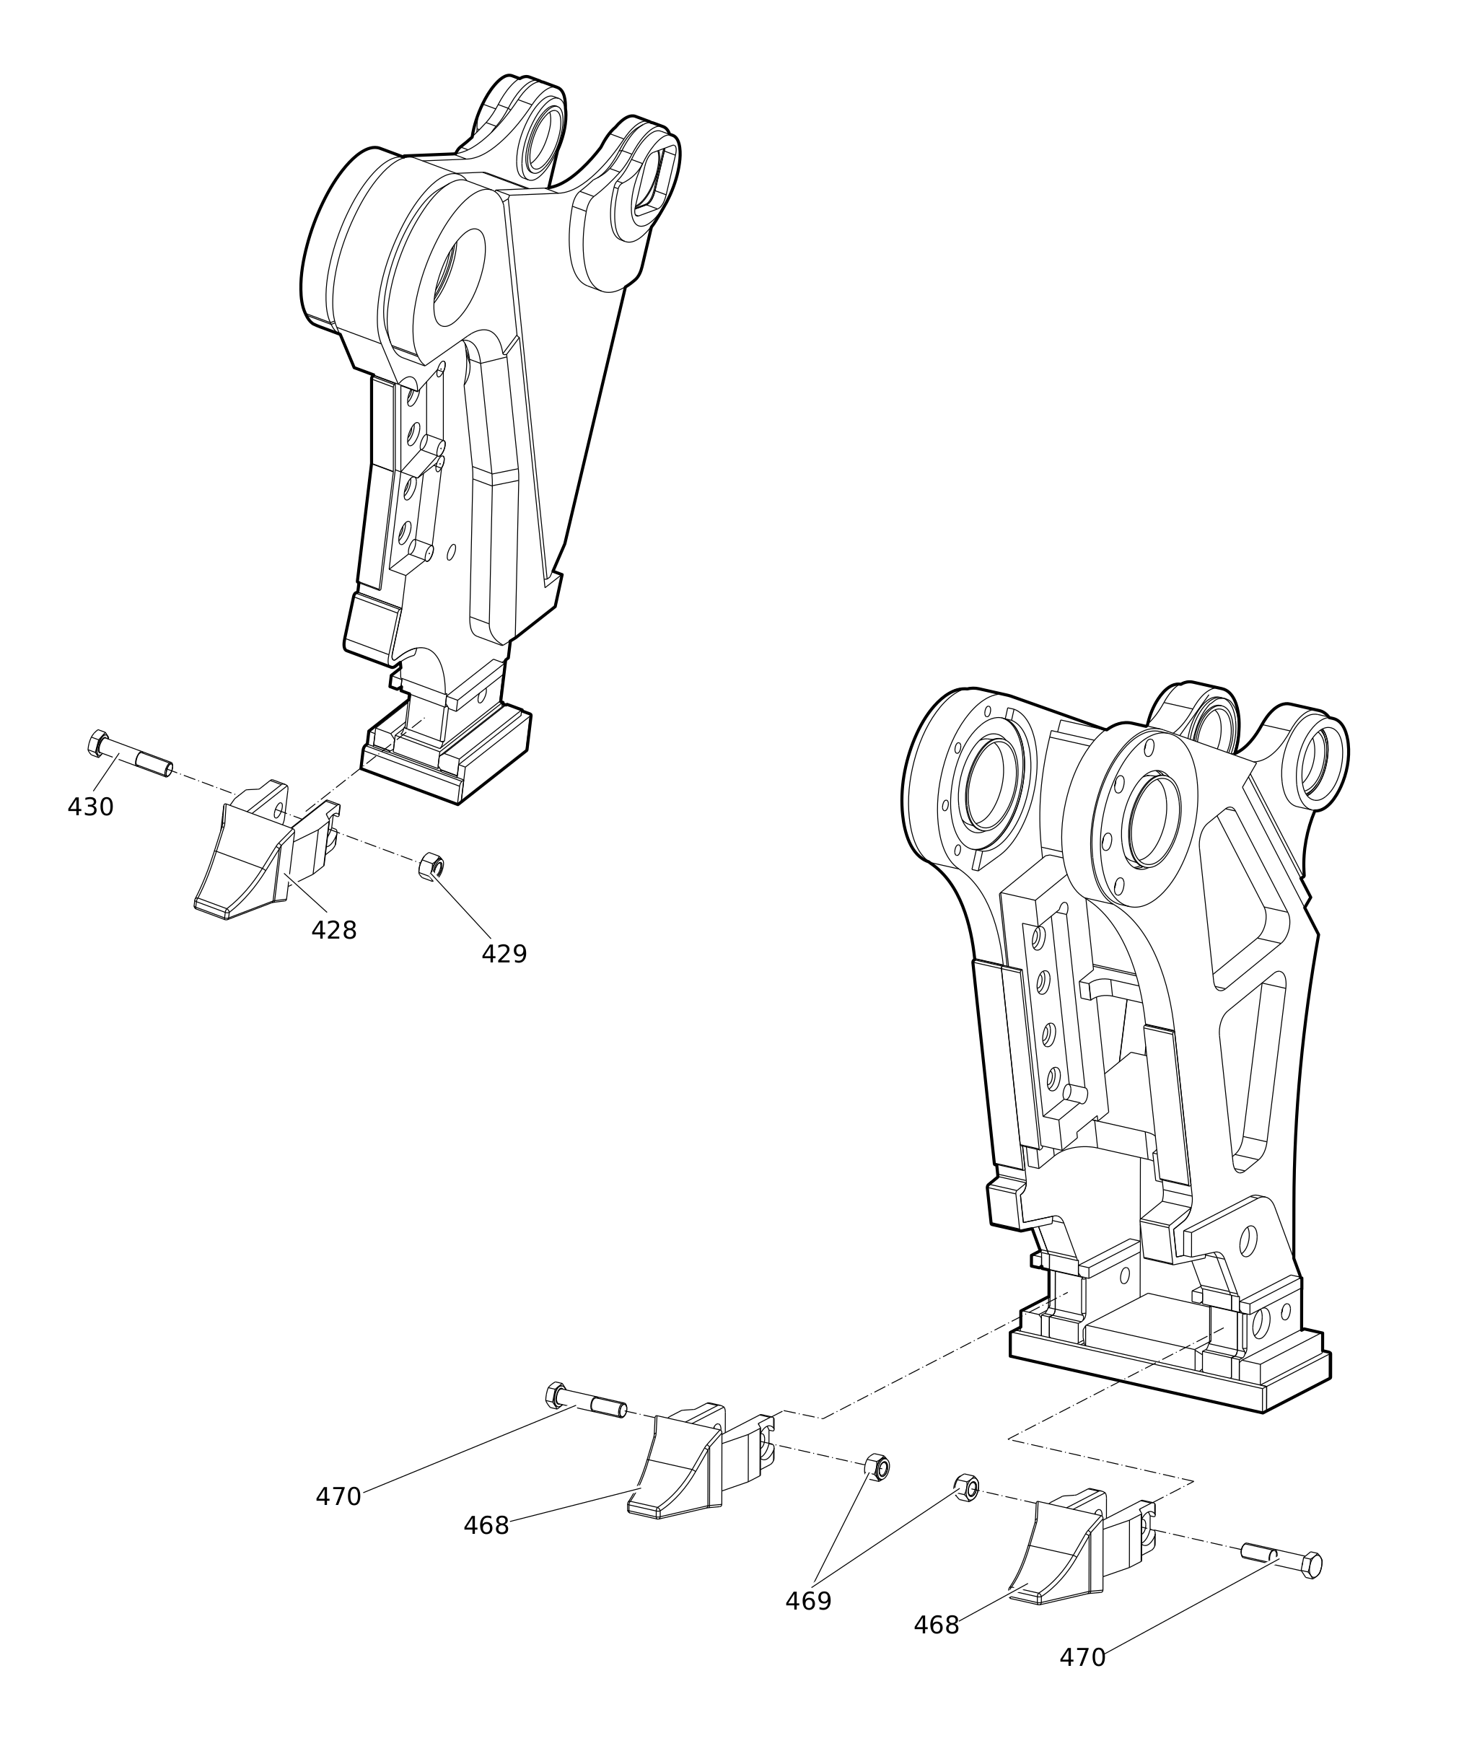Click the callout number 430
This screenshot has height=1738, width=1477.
tap(90, 807)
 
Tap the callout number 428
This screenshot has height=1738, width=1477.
tap(334, 930)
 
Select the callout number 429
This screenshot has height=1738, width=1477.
tap(504, 954)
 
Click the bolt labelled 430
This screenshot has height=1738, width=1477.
tap(130, 755)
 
